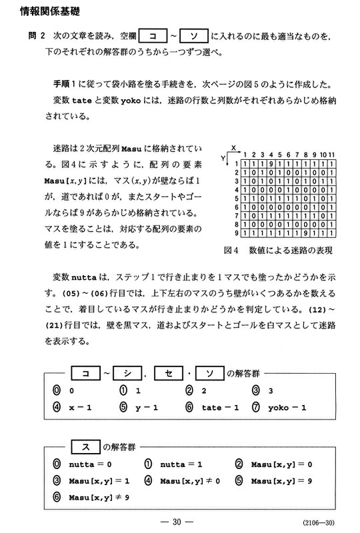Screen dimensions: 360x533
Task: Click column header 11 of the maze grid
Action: [x=331, y=154]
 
